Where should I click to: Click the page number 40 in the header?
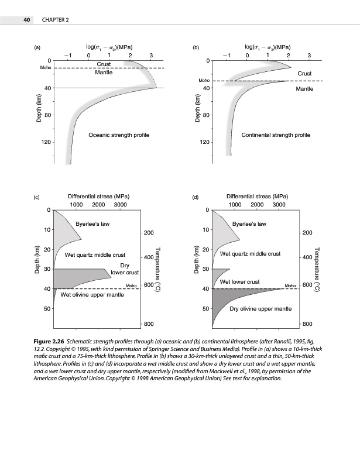(x=26, y=20)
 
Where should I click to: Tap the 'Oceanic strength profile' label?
(x=119, y=135)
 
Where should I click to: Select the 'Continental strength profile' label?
(x=276, y=135)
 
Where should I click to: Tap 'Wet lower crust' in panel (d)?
(x=239, y=282)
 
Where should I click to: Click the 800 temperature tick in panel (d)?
(x=307, y=324)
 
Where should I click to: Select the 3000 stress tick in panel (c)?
(x=120, y=205)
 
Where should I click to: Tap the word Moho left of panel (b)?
(x=204, y=80)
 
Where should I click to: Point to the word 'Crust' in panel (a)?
(x=104, y=64)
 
